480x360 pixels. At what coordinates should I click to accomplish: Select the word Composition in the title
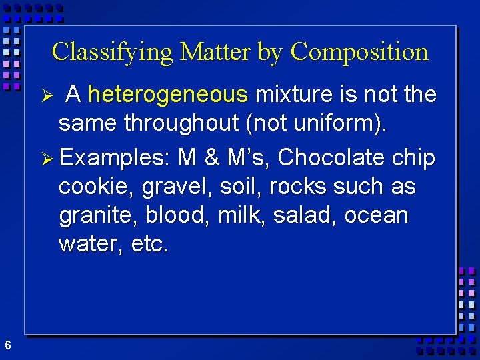(x=359, y=52)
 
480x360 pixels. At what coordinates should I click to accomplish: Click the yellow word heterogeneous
(x=167, y=95)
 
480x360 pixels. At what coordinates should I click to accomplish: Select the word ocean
(x=376, y=215)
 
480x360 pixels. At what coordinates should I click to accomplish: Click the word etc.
(x=150, y=244)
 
